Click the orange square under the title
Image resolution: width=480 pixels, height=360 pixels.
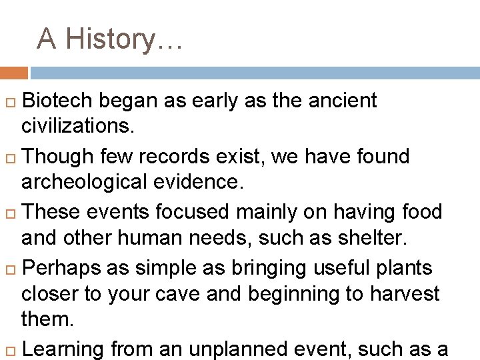[13, 73]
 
